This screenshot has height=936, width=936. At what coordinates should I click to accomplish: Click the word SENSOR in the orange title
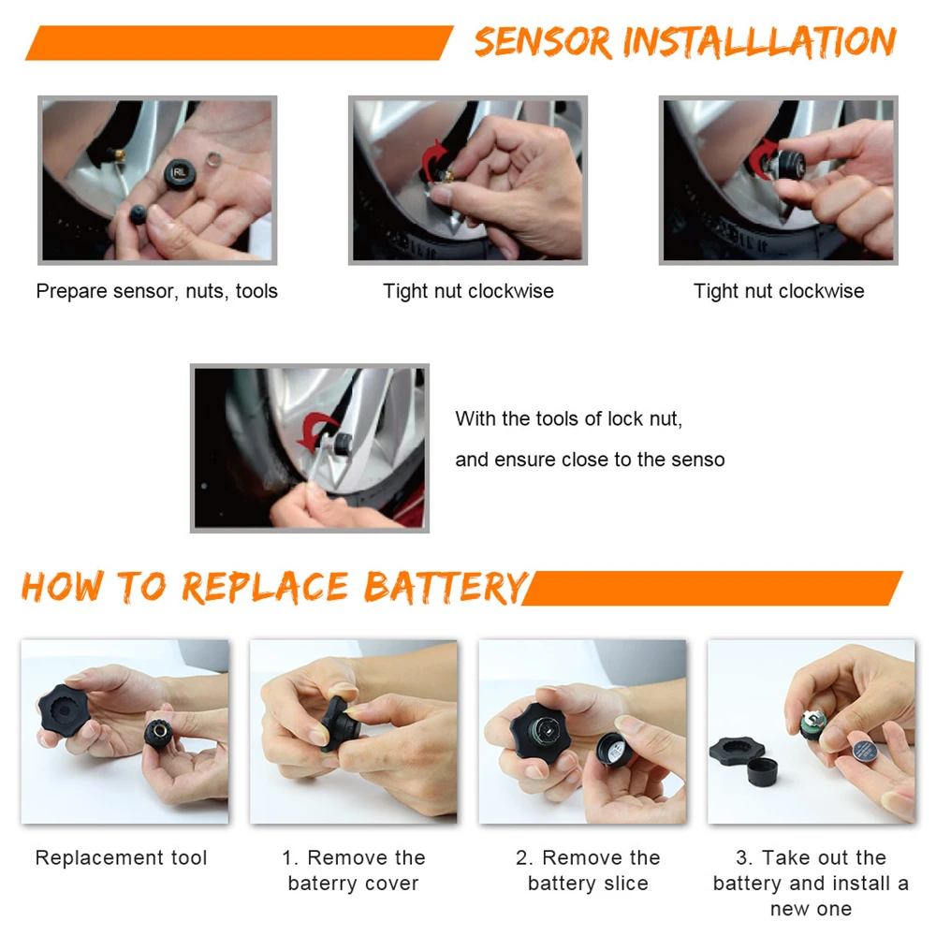click(x=544, y=42)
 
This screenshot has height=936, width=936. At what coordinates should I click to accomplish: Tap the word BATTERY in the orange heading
click(x=446, y=588)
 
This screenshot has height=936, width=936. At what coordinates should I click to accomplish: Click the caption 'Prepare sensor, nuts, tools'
click(x=157, y=291)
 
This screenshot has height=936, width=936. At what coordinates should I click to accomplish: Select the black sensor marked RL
click(x=180, y=174)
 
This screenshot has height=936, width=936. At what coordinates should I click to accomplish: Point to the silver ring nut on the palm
click(x=213, y=159)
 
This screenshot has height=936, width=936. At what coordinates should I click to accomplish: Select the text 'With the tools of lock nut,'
click(x=569, y=419)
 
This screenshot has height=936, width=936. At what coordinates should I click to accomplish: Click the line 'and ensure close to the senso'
click(x=590, y=460)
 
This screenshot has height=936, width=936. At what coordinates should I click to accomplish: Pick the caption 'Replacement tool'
click(x=121, y=857)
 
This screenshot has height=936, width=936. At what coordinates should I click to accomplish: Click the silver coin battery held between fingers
click(x=864, y=750)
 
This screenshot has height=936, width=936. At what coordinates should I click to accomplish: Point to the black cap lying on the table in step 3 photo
click(x=762, y=770)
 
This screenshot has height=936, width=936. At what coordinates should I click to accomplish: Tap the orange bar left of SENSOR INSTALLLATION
click(x=239, y=43)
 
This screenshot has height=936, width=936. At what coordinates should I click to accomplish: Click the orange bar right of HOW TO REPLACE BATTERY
click(x=712, y=589)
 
